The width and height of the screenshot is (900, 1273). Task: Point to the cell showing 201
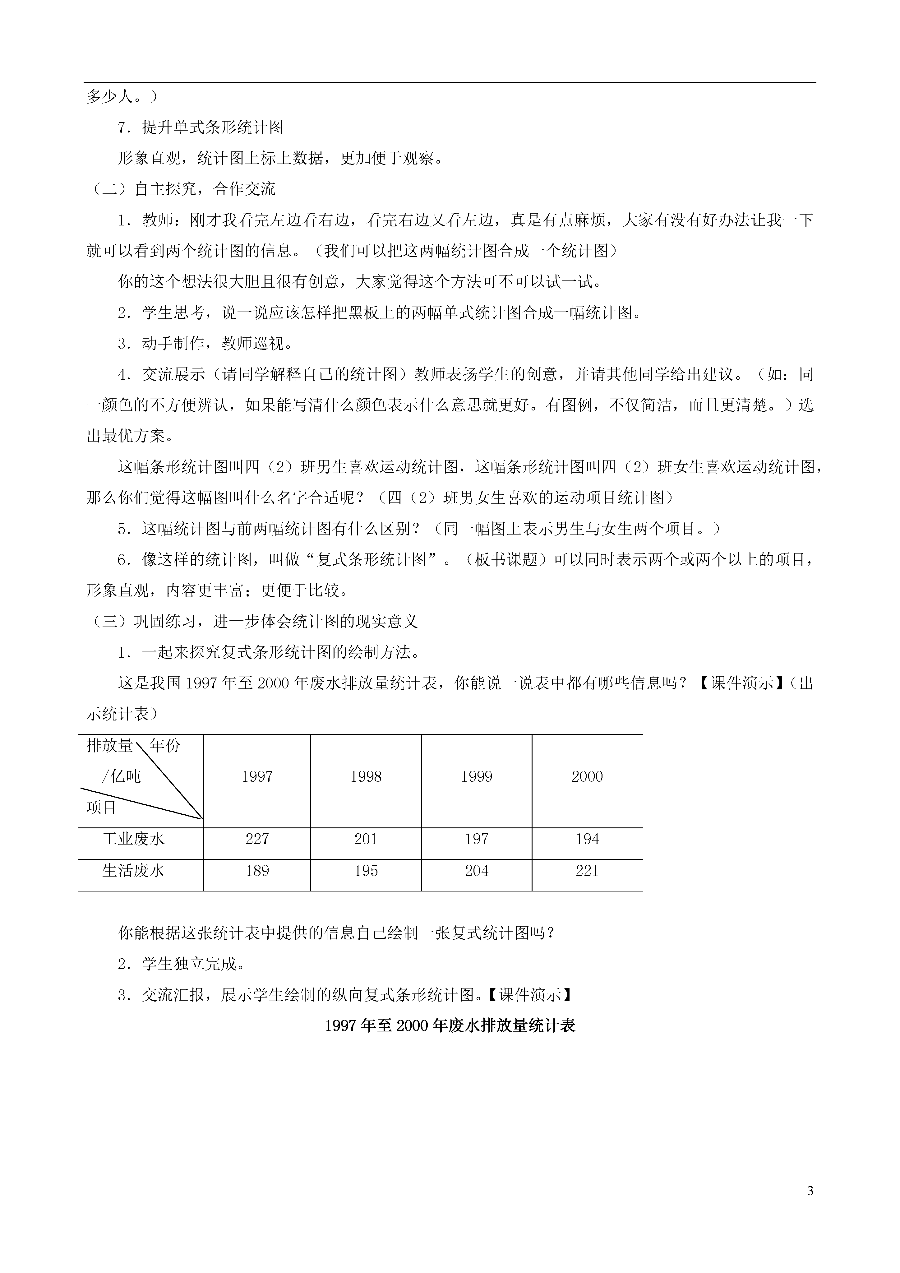366,840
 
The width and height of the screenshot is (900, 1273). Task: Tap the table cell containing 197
477,840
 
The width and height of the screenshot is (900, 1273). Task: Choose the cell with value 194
587,840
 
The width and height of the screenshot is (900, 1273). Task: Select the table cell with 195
366,871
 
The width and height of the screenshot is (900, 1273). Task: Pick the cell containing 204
477,871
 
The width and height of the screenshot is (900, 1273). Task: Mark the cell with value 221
587,871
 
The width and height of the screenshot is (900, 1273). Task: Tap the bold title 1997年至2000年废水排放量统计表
450,1026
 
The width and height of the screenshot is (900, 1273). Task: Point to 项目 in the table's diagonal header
101,807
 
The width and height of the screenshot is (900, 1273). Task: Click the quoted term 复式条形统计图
371,560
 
